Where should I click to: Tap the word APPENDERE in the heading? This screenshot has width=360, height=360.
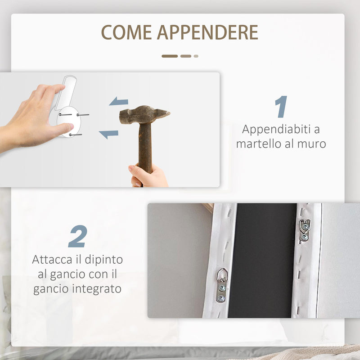click(207, 32)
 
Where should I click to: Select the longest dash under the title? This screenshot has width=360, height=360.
click(170, 56)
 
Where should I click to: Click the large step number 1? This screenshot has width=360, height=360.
click(281, 107)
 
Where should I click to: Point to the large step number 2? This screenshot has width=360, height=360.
click(77, 236)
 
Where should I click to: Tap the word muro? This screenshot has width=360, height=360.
click(313, 144)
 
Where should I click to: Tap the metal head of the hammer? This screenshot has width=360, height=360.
click(144, 115)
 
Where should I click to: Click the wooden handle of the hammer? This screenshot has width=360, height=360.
click(144, 148)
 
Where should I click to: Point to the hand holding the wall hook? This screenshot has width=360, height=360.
click(31, 117)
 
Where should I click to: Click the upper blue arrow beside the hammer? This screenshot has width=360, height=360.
click(119, 102)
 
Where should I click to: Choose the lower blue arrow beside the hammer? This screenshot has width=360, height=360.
click(109, 134)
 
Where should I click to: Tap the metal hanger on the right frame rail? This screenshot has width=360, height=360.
click(305, 229)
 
